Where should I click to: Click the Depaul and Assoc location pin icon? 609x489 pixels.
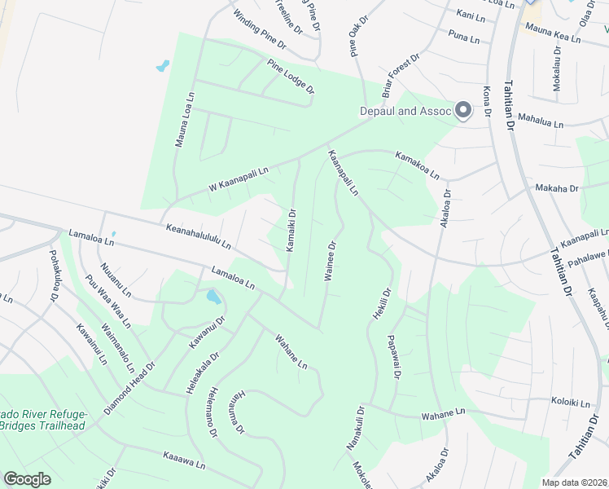pyautogui.click(x=464, y=111)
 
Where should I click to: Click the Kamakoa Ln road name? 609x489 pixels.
pyautogui.click(x=417, y=164)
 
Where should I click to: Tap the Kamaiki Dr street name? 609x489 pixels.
pyautogui.click(x=290, y=230)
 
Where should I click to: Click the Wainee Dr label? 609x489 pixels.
pyautogui.click(x=331, y=261)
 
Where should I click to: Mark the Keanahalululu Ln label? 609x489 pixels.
pyautogui.click(x=199, y=237)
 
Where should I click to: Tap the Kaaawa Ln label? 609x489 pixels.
pyautogui.click(x=184, y=460)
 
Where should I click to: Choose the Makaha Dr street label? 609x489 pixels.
pyautogui.click(x=555, y=188)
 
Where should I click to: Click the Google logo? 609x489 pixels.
pyautogui.click(x=28, y=478)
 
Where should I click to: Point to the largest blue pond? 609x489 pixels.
pyautogui.click(x=213, y=297)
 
